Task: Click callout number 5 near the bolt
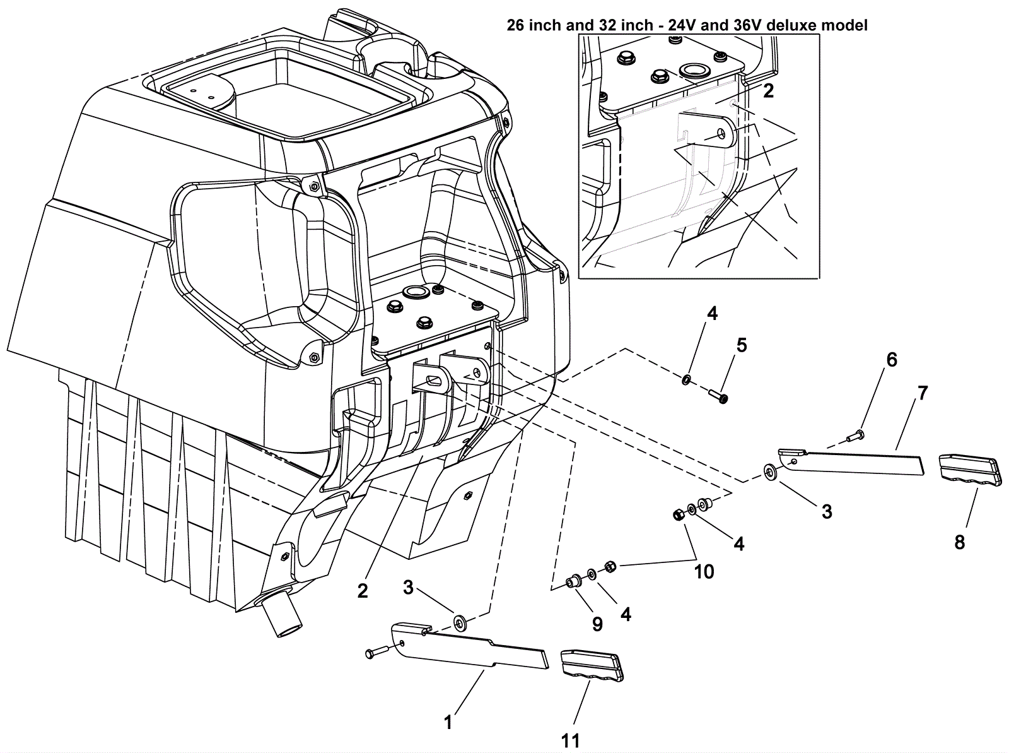click(x=742, y=345)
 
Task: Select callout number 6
click(x=891, y=360)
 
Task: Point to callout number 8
click(x=959, y=542)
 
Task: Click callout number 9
click(x=597, y=624)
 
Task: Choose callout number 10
click(x=704, y=572)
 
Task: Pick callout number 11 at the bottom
click(x=571, y=740)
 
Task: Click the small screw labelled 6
click(x=856, y=434)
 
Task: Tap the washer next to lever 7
click(x=769, y=472)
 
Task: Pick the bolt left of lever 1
click(x=377, y=652)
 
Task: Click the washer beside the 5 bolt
click(x=685, y=380)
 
